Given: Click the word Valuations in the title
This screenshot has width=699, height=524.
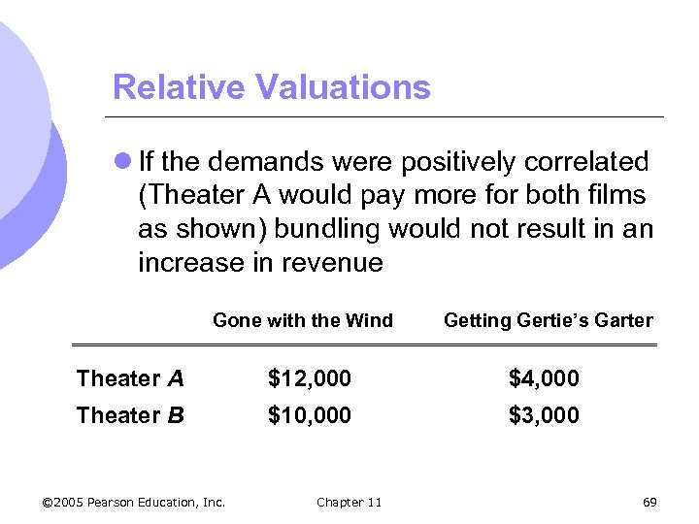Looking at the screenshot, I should pos(344,87).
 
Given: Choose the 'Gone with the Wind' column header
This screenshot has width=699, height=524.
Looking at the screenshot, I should pos(303,320).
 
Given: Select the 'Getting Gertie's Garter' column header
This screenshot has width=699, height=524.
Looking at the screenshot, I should pos(549,320).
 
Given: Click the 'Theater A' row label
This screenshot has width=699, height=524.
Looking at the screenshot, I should pos(130,378).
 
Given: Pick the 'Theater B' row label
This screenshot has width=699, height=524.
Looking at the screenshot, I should pos(130,415).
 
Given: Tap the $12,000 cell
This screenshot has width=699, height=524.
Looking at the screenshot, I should pos(310,378).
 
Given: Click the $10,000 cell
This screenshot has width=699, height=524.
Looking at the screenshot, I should pos(310,415).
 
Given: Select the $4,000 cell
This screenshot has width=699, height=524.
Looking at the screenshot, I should pos(544,378).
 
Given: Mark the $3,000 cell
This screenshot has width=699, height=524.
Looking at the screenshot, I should pos(544,415).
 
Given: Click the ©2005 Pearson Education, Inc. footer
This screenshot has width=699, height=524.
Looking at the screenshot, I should pos(134,502).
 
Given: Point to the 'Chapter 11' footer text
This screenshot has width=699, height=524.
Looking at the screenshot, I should pos(349,502).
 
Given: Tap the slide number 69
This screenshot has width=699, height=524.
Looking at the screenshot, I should pos(649,502).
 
